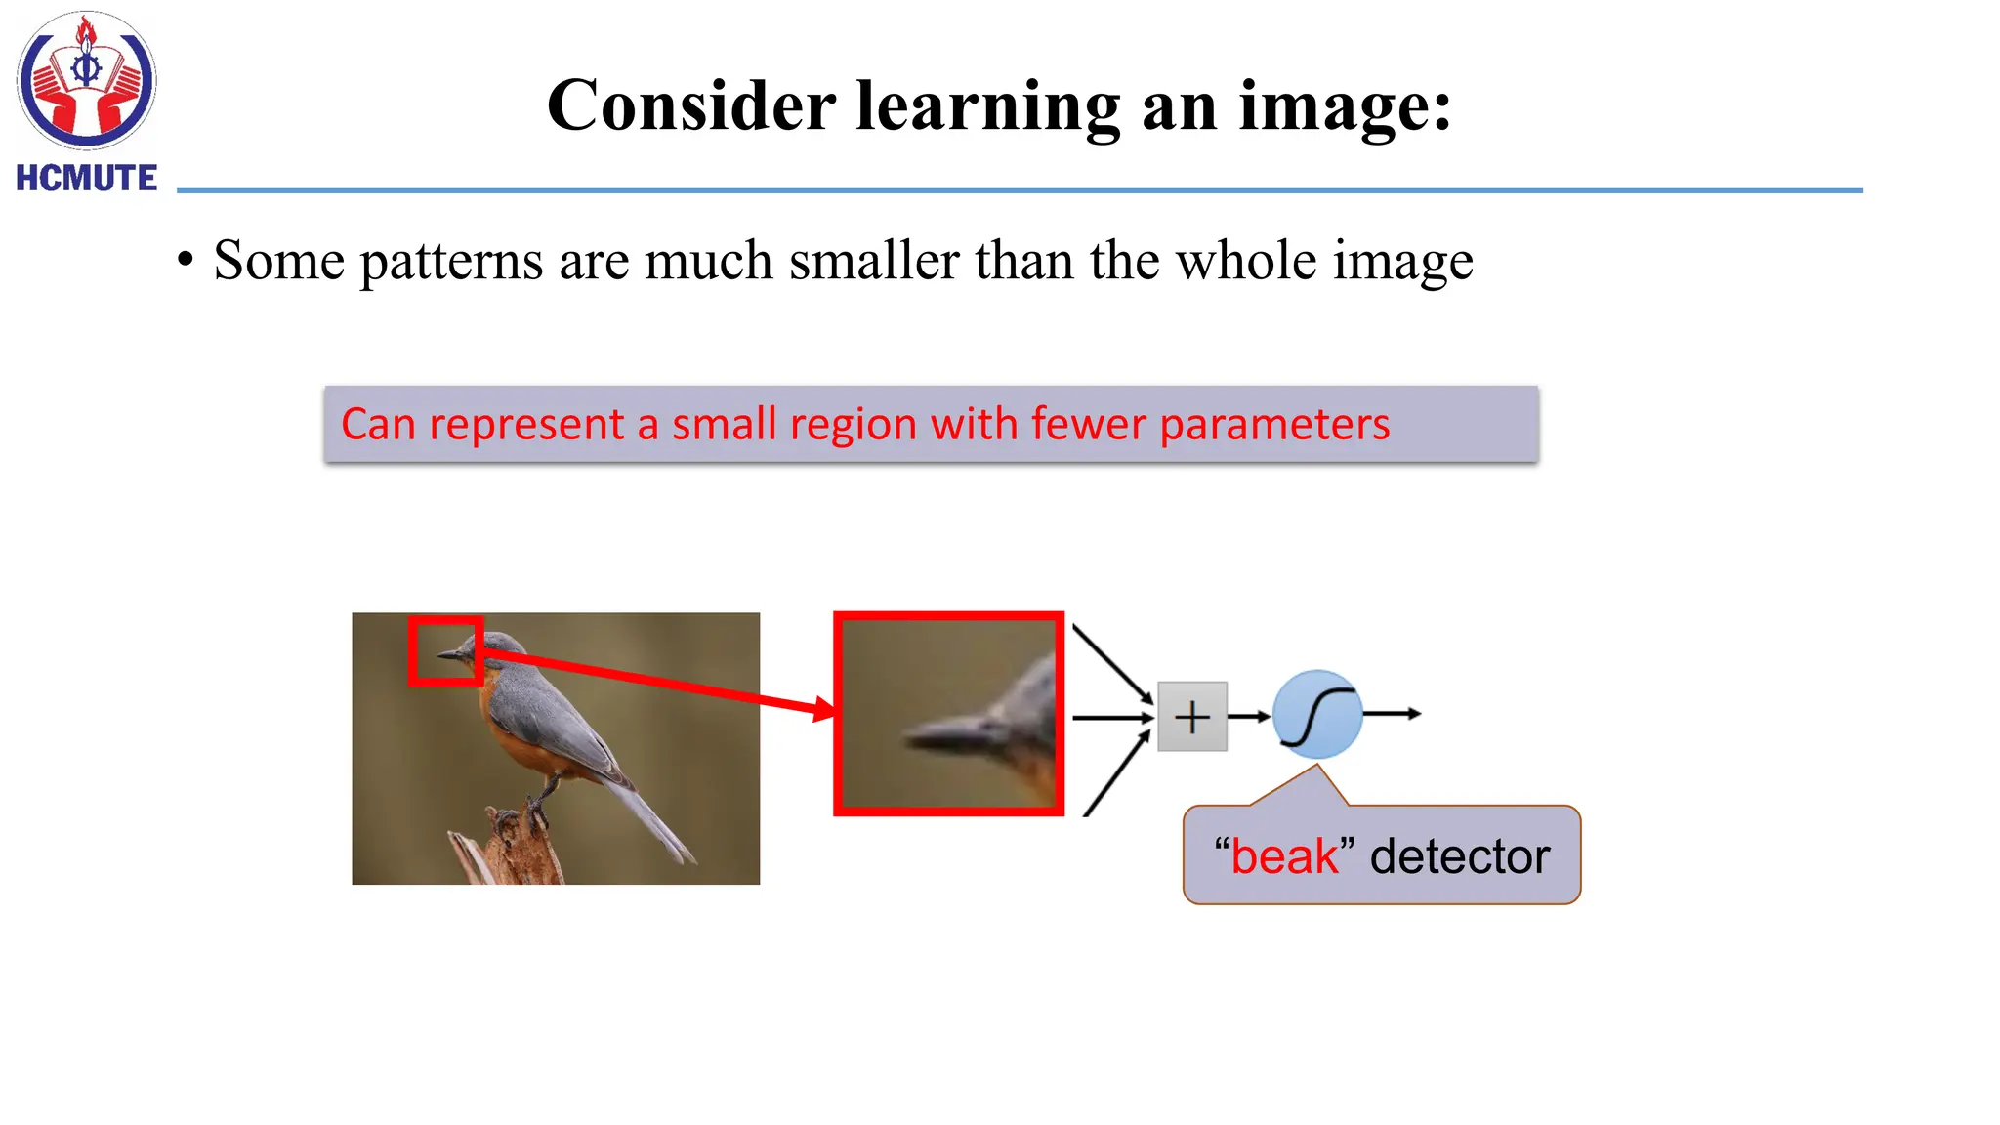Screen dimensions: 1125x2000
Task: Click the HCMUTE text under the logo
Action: tap(86, 178)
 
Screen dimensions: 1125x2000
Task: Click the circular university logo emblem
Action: tap(86, 80)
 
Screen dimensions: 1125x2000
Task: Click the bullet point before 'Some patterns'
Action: tap(186, 261)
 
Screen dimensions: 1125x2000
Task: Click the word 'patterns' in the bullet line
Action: tap(451, 261)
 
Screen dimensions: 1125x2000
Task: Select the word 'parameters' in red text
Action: tap(1274, 425)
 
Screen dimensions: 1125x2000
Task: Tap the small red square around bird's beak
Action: tap(445, 650)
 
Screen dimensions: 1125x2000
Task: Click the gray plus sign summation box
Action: tap(1191, 717)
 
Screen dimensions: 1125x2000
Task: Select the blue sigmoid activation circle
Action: tap(1317, 715)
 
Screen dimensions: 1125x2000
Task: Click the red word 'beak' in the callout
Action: tap(1284, 856)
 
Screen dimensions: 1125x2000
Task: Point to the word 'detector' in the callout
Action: tap(1459, 856)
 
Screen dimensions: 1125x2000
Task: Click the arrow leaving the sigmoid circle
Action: tap(1393, 714)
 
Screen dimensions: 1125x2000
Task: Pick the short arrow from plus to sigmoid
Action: tap(1249, 717)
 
